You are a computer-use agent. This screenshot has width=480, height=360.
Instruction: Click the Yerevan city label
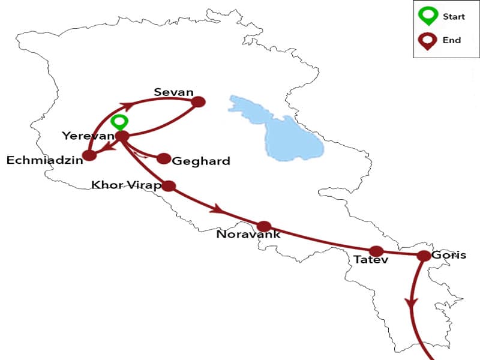88,136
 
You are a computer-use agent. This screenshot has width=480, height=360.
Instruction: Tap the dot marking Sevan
198,102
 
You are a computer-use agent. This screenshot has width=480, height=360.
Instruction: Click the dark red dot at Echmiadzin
89,155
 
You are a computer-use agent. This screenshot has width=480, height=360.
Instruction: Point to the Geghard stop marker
164,158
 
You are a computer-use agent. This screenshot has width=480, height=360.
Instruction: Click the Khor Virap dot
169,185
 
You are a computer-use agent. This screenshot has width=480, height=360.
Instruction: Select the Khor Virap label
125,184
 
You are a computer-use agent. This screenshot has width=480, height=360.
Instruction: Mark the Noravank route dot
264,226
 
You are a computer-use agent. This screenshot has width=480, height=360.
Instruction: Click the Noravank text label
248,235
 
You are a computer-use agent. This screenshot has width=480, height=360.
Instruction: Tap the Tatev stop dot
376,251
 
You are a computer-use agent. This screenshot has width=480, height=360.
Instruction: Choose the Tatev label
371,260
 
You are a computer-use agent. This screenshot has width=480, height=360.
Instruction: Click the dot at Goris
423,256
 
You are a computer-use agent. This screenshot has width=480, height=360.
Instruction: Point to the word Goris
448,254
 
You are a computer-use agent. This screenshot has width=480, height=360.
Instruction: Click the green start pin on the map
121,122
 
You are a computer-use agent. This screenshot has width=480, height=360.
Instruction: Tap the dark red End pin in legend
428,41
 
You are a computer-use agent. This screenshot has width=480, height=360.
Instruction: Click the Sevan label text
173,92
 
